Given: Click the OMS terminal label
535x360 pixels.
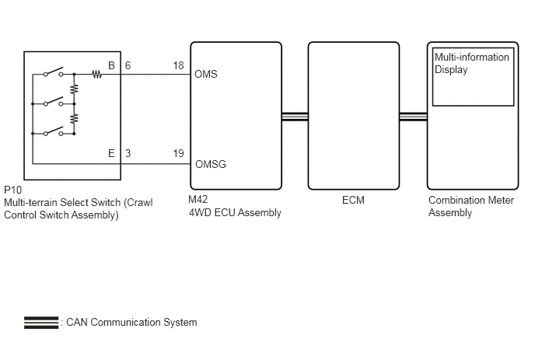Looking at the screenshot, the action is point(206,74).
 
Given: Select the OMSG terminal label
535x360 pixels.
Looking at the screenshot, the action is point(211,164).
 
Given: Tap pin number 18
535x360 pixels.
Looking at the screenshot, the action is point(178,65).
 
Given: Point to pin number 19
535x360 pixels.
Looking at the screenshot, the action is point(178,153).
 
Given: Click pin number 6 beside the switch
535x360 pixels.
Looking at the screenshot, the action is point(128,65).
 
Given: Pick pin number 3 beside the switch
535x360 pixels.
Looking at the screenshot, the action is point(128,153).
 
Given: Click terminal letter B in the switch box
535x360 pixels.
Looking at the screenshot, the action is point(111,65).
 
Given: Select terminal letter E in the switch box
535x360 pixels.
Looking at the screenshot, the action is point(111,153).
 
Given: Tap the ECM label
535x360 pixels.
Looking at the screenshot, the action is point(353,200).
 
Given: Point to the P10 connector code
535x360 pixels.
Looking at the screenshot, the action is point(13,190).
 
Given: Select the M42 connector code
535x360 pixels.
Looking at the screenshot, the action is point(198,199).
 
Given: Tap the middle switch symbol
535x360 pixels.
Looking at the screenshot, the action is point(53,102).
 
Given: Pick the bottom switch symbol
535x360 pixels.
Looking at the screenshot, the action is point(53,131).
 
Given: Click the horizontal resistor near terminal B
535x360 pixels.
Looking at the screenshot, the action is point(97,74).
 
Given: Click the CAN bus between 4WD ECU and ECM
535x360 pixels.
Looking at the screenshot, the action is point(295,117).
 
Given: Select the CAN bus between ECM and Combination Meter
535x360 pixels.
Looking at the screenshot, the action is point(413,117).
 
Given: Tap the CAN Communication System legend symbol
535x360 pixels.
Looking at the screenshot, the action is point(41,323).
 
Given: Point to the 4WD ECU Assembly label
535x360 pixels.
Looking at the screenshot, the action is point(235,212).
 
